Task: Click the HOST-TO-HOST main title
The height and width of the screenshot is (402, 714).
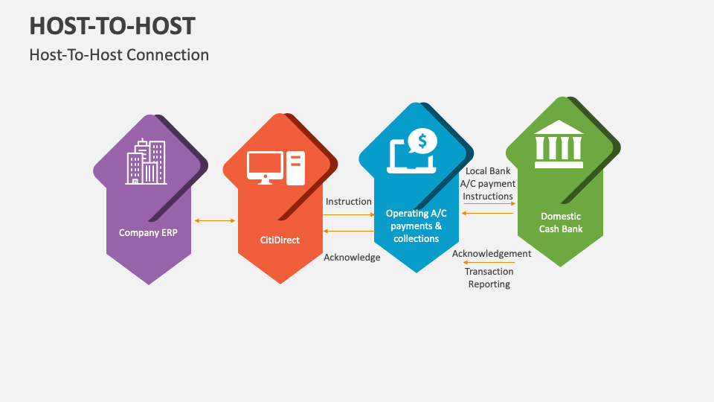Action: (x=112, y=25)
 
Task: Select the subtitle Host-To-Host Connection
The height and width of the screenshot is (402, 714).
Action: (x=119, y=55)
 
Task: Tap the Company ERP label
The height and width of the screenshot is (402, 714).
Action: (x=149, y=232)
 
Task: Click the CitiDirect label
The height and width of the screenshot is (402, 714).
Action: (x=280, y=240)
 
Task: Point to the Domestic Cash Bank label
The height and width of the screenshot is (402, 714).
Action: (x=561, y=223)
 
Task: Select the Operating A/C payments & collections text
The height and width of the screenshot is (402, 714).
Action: (x=416, y=226)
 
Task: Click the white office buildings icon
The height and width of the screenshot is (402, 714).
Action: (x=147, y=162)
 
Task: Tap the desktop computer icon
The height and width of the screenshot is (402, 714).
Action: (x=275, y=168)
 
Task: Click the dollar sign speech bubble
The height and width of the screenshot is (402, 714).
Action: (x=422, y=140)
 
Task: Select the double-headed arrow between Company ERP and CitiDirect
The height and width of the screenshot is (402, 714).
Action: (x=214, y=220)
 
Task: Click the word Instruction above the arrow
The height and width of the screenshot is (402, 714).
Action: (x=349, y=202)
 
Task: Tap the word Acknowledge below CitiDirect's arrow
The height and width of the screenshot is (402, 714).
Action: (x=352, y=258)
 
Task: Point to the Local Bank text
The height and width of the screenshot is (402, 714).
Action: (x=488, y=171)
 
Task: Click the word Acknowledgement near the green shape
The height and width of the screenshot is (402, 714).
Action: (x=492, y=254)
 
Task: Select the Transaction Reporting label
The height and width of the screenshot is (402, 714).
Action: (x=489, y=278)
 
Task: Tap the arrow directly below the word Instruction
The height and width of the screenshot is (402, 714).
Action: (x=349, y=214)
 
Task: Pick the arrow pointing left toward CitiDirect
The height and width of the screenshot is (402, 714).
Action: (x=349, y=231)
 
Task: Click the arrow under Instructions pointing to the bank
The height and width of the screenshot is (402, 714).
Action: (x=489, y=203)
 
